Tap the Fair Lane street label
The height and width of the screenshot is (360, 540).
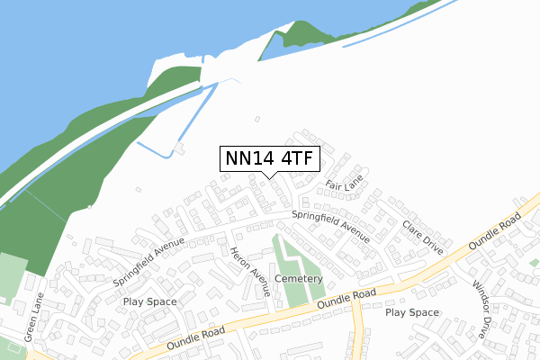click(343, 185)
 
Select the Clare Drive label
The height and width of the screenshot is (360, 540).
click(423, 237)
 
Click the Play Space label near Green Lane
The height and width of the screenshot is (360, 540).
click(151, 301)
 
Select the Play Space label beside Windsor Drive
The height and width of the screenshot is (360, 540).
click(412, 312)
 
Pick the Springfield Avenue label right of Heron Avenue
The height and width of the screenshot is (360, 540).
click(330, 226)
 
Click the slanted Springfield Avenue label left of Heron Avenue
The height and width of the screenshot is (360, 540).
click(149, 261)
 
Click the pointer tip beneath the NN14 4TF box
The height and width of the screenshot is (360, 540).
click(270, 177)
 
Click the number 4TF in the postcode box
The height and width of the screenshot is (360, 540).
click(297, 159)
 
